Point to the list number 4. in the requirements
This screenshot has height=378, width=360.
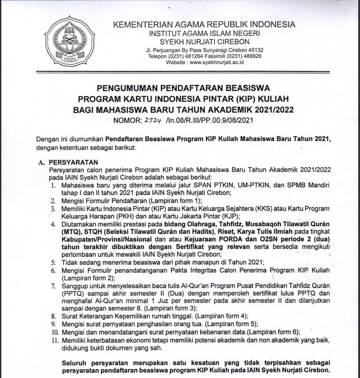(x=53, y=225)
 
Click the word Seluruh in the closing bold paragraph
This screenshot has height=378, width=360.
(x=75, y=362)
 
